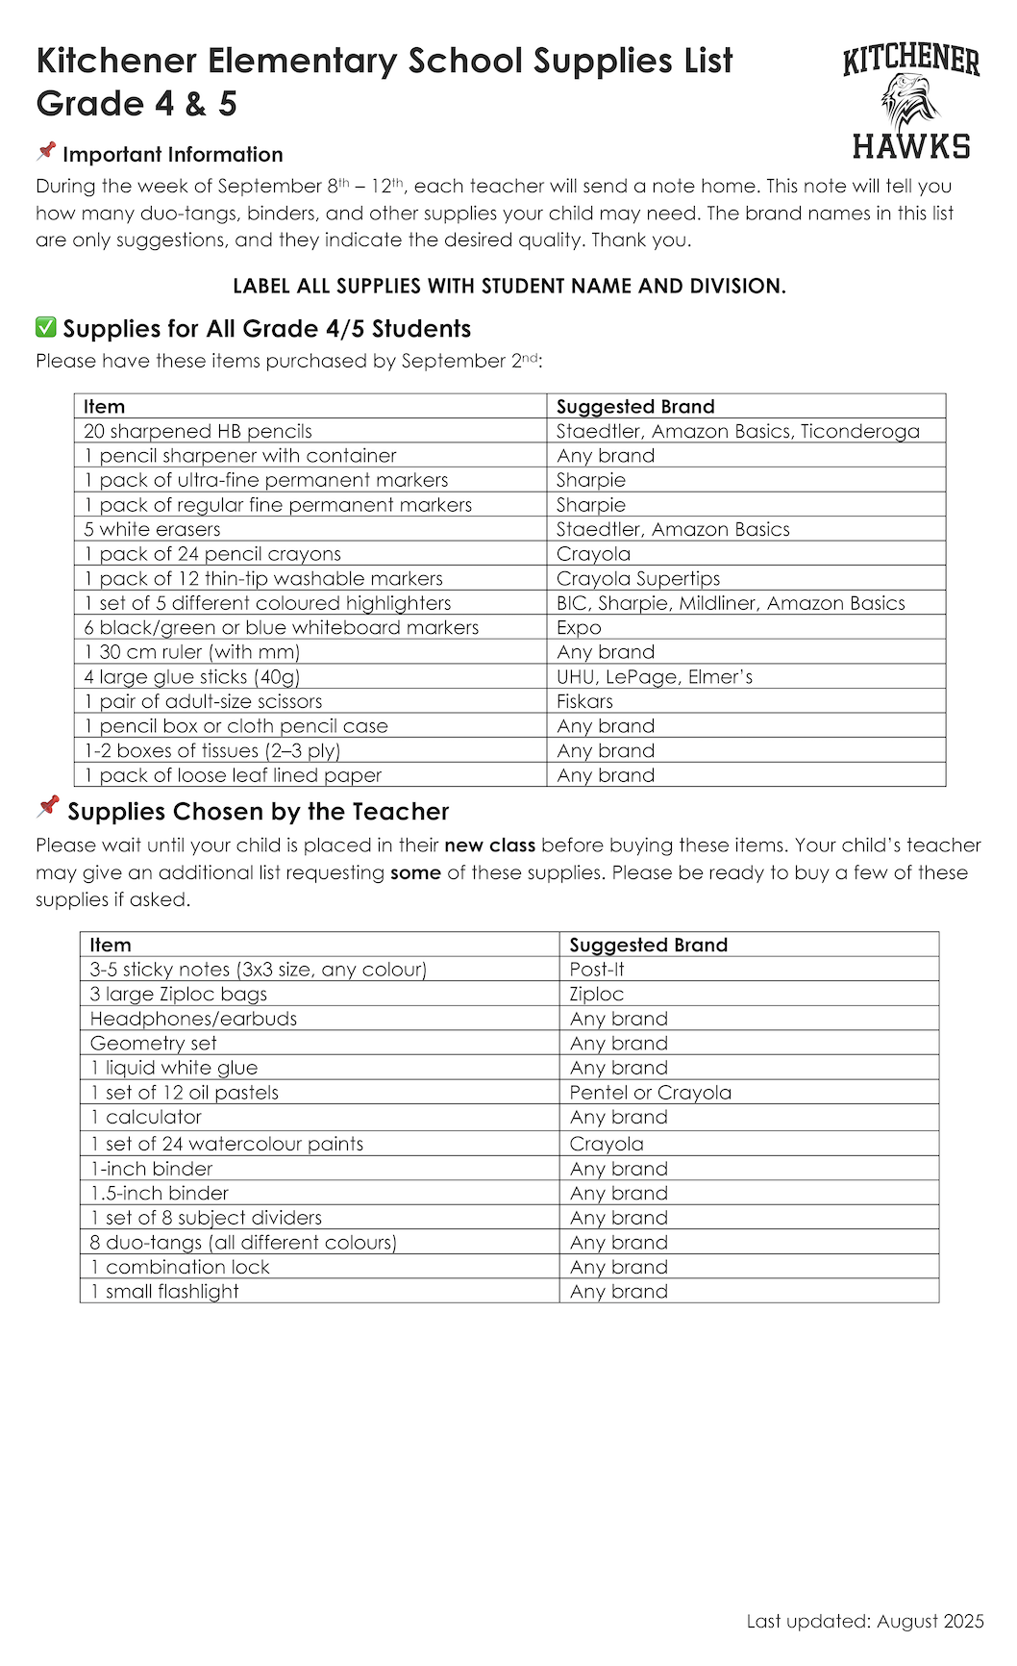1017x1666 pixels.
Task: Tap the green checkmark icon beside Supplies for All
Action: [x=45, y=328]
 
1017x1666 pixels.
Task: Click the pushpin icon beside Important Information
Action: [x=46, y=152]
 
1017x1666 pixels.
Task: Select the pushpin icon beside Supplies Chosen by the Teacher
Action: [x=48, y=808]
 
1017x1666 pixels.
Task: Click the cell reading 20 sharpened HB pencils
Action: [x=198, y=431]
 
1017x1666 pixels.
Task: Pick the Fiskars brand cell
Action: [x=584, y=701]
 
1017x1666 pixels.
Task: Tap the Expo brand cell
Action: [x=579, y=627]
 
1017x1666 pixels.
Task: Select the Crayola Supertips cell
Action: [x=638, y=578]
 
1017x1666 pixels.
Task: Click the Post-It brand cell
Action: [x=597, y=970]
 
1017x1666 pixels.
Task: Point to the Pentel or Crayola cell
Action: [x=650, y=1093]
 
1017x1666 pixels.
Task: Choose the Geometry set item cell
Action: [x=154, y=1044]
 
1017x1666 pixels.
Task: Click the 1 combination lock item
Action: [x=180, y=1267]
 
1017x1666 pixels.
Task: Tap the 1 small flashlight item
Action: [x=164, y=1292]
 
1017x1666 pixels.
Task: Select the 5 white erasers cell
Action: [x=152, y=529]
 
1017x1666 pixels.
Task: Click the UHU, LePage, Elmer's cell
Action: [x=655, y=677]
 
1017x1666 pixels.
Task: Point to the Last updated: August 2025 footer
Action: [x=864, y=1621]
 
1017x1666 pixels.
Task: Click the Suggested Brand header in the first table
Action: [x=635, y=406]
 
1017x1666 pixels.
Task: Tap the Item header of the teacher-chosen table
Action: [x=111, y=945]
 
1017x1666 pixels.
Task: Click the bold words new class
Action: [x=489, y=846]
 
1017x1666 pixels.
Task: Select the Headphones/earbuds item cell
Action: [x=193, y=1019]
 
